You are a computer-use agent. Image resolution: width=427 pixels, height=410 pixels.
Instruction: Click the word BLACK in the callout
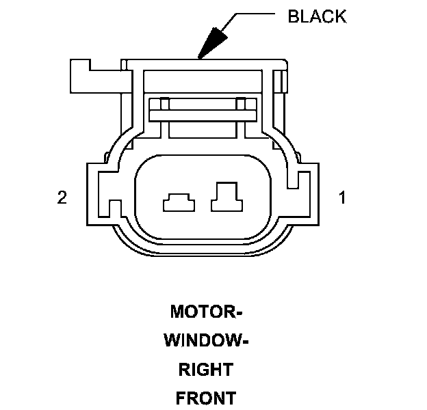coord(317,16)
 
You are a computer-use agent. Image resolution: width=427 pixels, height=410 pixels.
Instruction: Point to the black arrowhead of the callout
coord(212,43)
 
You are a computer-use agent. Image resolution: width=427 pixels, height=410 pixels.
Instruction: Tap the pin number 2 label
coord(62,198)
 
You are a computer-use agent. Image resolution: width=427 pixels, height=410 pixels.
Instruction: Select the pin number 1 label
coord(342,198)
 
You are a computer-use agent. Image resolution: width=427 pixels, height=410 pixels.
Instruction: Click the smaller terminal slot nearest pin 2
coord(178,202)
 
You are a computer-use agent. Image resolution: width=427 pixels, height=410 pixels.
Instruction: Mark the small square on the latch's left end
coord(162,105)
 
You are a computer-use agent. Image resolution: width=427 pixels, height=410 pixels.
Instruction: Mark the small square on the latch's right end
coord(241,105)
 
